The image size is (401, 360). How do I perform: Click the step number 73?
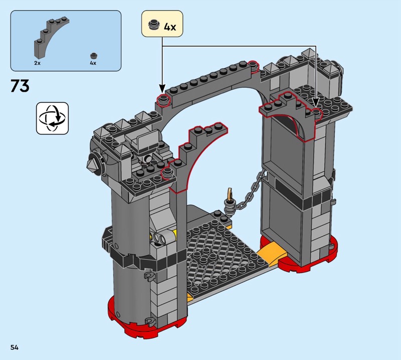pos(20,85)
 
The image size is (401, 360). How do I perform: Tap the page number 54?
pos(15,347)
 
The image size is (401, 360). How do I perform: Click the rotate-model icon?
pos(53,118)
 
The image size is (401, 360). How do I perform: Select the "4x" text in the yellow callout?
pos(170,27)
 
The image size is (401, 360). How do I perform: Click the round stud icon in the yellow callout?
pos(154,25)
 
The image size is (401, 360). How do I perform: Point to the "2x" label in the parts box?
pos(37,63)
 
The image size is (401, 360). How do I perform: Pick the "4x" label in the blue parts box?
pos(93,63)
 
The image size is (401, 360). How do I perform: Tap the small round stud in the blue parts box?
pos(94,56)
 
